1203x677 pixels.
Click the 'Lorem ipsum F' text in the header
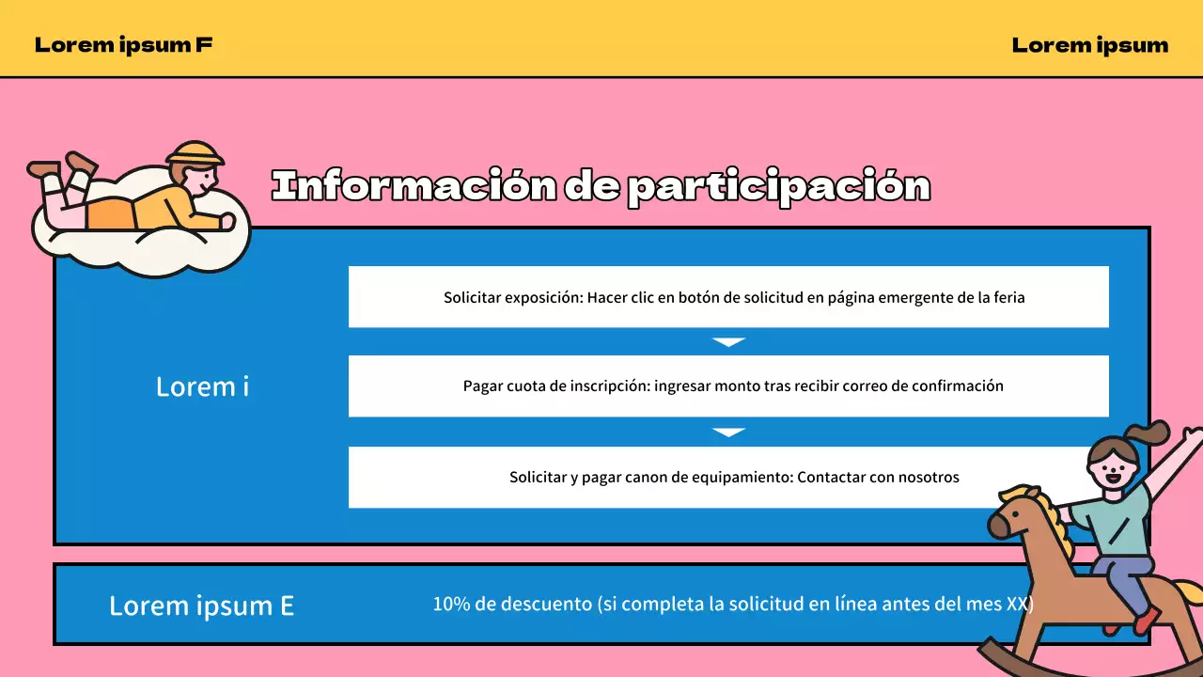click(123, 44)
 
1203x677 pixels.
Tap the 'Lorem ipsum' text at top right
click(1090, 44)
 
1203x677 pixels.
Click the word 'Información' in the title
click(414, 186)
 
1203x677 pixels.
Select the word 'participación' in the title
click(777, 187)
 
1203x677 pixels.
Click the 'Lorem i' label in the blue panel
click(202, 386)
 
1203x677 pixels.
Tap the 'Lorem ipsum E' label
click(201, 606)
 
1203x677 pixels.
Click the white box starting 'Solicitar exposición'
click(728, 297)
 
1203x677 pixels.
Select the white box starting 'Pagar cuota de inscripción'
click(728, 386)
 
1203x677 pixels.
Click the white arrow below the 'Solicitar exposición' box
click(728, 342)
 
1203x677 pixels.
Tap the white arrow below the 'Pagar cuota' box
click(728, 432)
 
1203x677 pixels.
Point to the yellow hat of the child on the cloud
click(195, 153)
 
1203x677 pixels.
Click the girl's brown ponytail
click(1151, 435)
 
